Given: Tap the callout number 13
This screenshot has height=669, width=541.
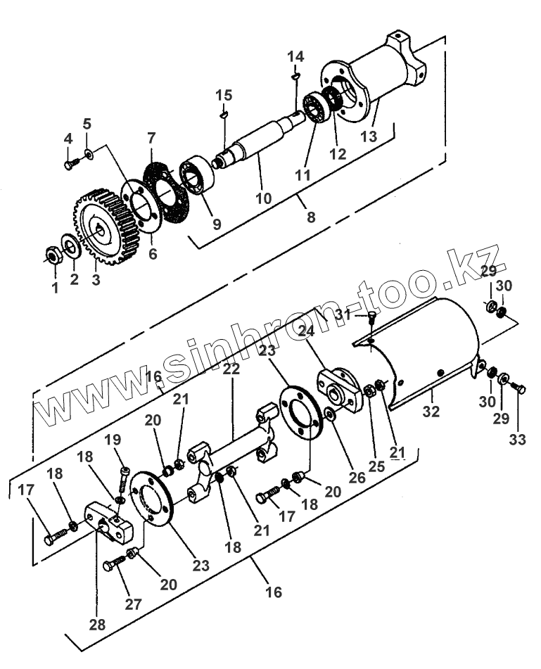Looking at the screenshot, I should click(369, 134).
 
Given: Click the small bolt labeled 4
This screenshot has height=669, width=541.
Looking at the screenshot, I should click(70, 165).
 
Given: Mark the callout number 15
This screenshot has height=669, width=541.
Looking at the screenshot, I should click(224, 95).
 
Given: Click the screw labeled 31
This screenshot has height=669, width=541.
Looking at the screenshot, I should click(372, 318).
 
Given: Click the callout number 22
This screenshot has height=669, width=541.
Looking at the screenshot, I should click(231, 369).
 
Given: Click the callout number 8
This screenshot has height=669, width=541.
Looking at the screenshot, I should click(310, 217).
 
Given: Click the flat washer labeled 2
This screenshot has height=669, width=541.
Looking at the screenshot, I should click(70, 246).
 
